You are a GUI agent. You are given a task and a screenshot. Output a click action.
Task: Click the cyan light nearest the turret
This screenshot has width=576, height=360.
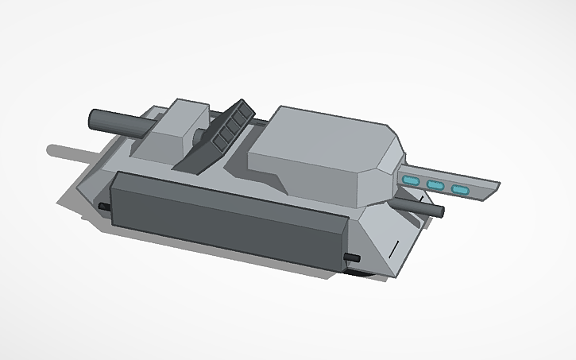[410, 182]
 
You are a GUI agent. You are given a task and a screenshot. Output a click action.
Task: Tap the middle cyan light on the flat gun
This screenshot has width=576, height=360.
[435, 186]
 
